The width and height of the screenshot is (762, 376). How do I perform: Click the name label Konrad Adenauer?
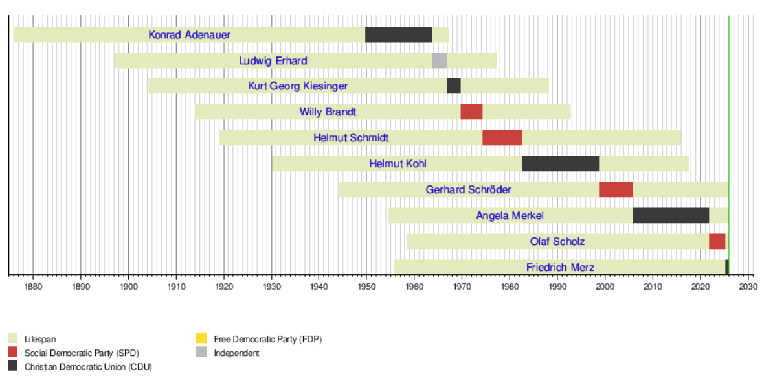[189, 35]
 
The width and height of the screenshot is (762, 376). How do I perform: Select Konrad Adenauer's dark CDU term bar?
[398, 35]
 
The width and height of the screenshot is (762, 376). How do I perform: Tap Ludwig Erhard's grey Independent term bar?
[439, 61]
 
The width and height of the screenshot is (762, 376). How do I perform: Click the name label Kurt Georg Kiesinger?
[297, 86]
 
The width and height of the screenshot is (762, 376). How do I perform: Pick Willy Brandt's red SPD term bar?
[471, 112]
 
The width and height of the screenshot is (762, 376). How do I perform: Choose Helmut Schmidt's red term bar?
[502, 137]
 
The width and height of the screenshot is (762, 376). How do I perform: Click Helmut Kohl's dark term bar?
[560, 163]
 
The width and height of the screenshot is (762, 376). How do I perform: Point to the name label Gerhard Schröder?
[468, 190]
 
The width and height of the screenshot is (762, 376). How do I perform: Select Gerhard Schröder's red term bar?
[616, 189]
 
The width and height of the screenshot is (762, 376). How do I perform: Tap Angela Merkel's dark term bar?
[671, 215]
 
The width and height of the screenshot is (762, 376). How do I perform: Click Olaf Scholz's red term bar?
[717, 241]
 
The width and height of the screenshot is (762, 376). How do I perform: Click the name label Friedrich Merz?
[560, 267]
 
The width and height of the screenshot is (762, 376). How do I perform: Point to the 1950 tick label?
[366, 286]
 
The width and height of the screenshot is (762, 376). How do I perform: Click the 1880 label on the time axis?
[33, 286]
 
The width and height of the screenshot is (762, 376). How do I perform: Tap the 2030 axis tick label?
[748, 286]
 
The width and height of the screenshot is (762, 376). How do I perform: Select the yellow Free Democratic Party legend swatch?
[202, 338]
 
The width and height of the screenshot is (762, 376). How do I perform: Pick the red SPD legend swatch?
[13, 353]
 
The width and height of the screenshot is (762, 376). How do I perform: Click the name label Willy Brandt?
[328, 112]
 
